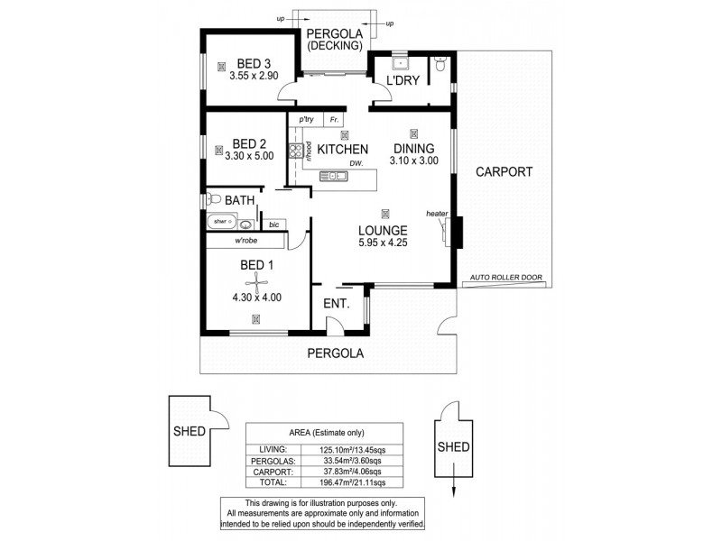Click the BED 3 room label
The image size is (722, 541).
pos(254,63)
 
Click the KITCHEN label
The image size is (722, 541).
pos(342,149)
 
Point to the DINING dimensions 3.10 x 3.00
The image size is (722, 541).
pos(413,161)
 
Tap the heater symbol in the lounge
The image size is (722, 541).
pos(449,231)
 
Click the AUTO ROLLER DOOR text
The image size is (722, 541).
pos(506,279)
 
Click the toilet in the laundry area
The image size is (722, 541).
pos(440,65)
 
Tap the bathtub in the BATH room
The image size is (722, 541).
pos(222,221)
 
